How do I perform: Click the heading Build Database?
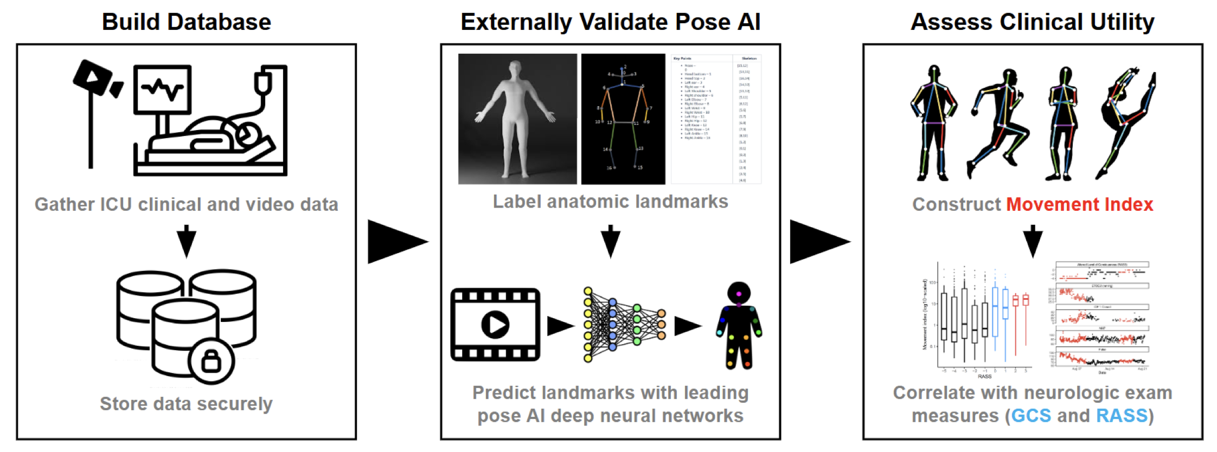pyautogui.click(x=186, y=22)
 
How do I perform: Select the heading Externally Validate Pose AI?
pyautogui.click(x=610, y=22)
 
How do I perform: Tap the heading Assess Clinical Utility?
pyautogui.click(x=1032, y=22)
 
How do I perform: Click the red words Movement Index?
pyautogui.click(x=1079, y=204)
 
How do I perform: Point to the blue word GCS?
pyautogui.click(x=1030, y=416)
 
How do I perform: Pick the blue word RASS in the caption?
pyautogui.click(x=1122, y=416)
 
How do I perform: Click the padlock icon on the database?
pyautogui.click(x=211, y=360)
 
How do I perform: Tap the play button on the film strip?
pyautogui.click(x=495, y=325)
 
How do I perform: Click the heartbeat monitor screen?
pyautogui.click(x=162, y=88)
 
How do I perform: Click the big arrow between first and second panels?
pyautogui.click(x=396, y=242)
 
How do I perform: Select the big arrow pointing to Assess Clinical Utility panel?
pyautogui.click(x=818, y=242)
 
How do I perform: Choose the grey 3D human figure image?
pyautogui.click(x=517, y=119)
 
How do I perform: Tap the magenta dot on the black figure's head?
pyautogui.click(x=739, y=294)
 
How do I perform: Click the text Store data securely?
pyautogui.click(x=186, y=404)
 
